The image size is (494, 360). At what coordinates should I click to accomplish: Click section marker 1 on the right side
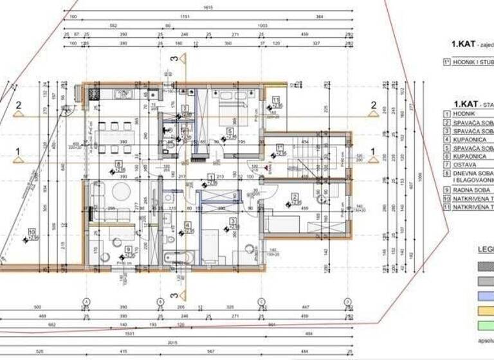pos(373,154)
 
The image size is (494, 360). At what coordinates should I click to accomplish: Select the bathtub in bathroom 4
pos(176,258)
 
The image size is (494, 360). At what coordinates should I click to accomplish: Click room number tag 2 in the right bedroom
pos(295,197)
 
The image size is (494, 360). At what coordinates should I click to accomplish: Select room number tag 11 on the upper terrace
pos(275,100)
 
